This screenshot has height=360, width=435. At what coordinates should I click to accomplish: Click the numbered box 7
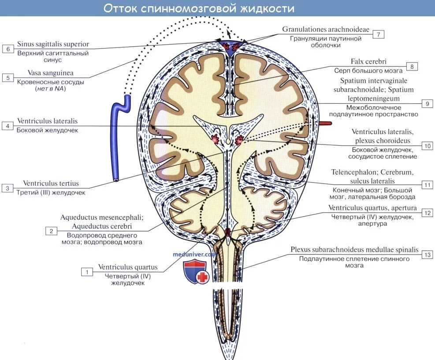(x=378, y=34)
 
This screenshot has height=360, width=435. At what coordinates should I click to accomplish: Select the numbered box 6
(x=8, y=49)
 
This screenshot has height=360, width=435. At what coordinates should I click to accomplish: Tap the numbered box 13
(x=427, y=255)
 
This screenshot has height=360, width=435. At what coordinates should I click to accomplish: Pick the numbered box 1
(x=87, y=272)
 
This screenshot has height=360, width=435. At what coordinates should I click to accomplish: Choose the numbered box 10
(x=427, y=146)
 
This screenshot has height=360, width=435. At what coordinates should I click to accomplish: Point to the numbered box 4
(x=8, y=126)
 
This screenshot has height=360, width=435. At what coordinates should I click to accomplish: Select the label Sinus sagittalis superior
(x=53, y=44)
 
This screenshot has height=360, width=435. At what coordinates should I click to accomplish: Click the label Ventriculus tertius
(x=51, y=184)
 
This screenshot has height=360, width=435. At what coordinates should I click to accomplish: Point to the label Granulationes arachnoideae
(x=326, y=30)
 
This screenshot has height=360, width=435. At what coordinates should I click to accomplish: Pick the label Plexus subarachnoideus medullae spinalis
(x=354, y=250)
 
